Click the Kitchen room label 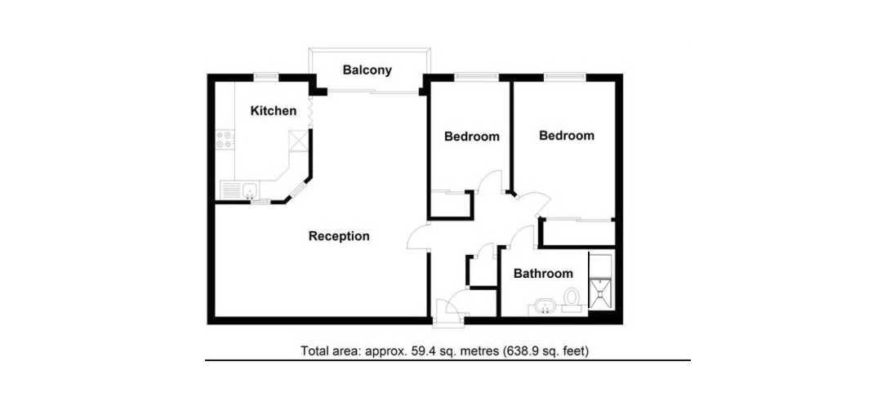coord(274,111)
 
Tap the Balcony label coord(367,70)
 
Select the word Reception coord(339,236)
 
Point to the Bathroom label coord(543,274)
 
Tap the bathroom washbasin coord(546,306)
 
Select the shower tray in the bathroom coord(600,293)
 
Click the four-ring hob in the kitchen coord(225,140)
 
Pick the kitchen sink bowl coord(249,190)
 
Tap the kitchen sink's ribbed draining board coord(230,190)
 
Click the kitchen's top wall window coord(266,77)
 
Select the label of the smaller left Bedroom coord(472,136)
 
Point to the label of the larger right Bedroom coord(566,136)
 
